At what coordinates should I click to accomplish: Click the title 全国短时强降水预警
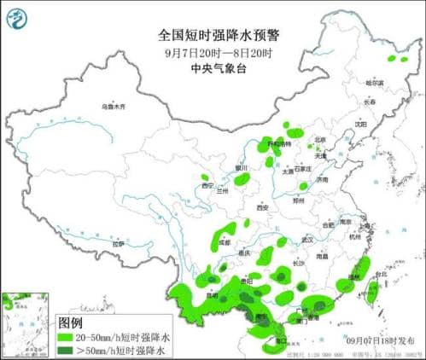pyautogui.click(x=213, y=35)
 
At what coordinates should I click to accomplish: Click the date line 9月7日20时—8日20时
pyautogui.click(x=213, y=52)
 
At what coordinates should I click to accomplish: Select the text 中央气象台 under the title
pyautogui.click(x=213, y=68)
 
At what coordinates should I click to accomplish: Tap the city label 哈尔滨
pyautogui.click(x=375, y=84)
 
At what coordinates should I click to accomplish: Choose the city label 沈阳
pyautogui.click(x=361, y=124)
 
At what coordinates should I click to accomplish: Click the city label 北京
pyautogui.click(x=319, y=140)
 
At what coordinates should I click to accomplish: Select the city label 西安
pyautogui.click(x=263, y=207)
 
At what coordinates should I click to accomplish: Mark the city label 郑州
pyautogui.click(x=299, y=198)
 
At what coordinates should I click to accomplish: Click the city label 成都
pyautogui.click(x=224, y=242)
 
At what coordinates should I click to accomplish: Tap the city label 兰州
pyautogui.click(x=224, y=191)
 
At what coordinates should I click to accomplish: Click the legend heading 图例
pyautogui.click(x=70, y=323)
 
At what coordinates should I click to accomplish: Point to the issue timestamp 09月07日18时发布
pyautogui.click(x=379, y=340)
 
